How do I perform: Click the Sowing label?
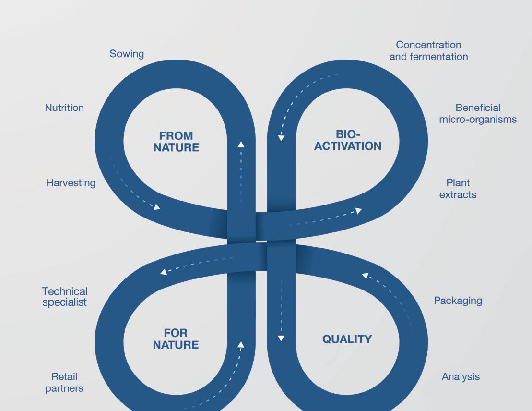tap(127, 53)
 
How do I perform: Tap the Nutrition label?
tap(64, 108)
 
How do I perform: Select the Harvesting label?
tap(71, 182)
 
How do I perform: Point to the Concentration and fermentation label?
tap(428, 50)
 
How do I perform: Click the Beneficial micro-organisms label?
tap(478, 113)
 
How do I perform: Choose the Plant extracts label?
tap(458, 189)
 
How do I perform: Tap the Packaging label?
tap(458, 301)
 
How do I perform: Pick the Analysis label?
tap(461, 377)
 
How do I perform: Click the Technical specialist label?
tap(65, 297)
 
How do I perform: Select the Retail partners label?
tap(64, 382)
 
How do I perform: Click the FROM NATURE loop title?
tap(176, 142)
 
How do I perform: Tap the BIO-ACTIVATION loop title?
tap(348, 140)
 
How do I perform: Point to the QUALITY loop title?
tap(347, 339)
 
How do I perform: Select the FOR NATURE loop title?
tap(176, 338)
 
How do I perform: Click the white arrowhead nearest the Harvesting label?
tap(156, 207)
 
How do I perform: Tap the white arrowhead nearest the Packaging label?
tap(365, 276)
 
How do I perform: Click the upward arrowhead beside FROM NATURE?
tap(241, 144)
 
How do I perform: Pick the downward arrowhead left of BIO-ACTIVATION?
tap(282, 138)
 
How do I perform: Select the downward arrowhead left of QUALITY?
tap(281, 338)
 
